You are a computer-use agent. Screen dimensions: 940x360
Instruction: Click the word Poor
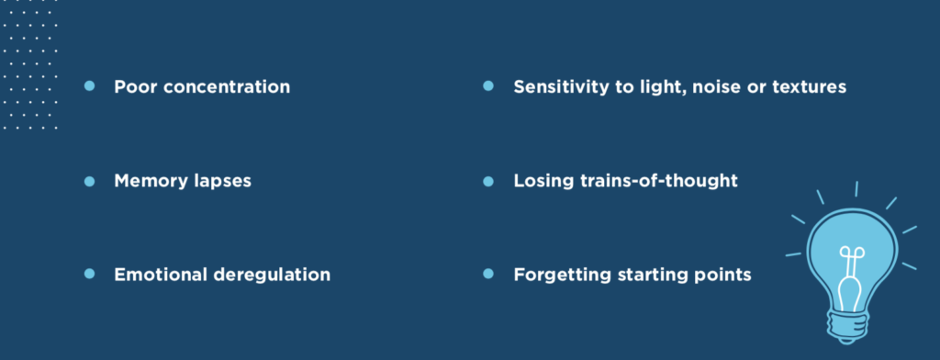[x=136, y=87]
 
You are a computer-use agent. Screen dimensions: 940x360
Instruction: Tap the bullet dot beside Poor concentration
[x=89, y=86]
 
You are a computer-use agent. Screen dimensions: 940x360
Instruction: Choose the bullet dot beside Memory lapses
[x=89, y=181]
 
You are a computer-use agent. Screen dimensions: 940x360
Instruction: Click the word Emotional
[x=161, y=276]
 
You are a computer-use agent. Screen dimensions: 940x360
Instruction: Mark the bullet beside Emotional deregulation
[x=89, y=275]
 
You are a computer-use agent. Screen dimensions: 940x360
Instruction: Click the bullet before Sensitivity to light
[x=488, y=86]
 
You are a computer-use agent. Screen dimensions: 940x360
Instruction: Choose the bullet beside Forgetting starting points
[x=488, y=275]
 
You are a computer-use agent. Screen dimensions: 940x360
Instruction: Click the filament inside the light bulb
[x=851, y=278]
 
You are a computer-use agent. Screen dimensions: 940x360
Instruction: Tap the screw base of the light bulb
[x=848, y=326]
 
